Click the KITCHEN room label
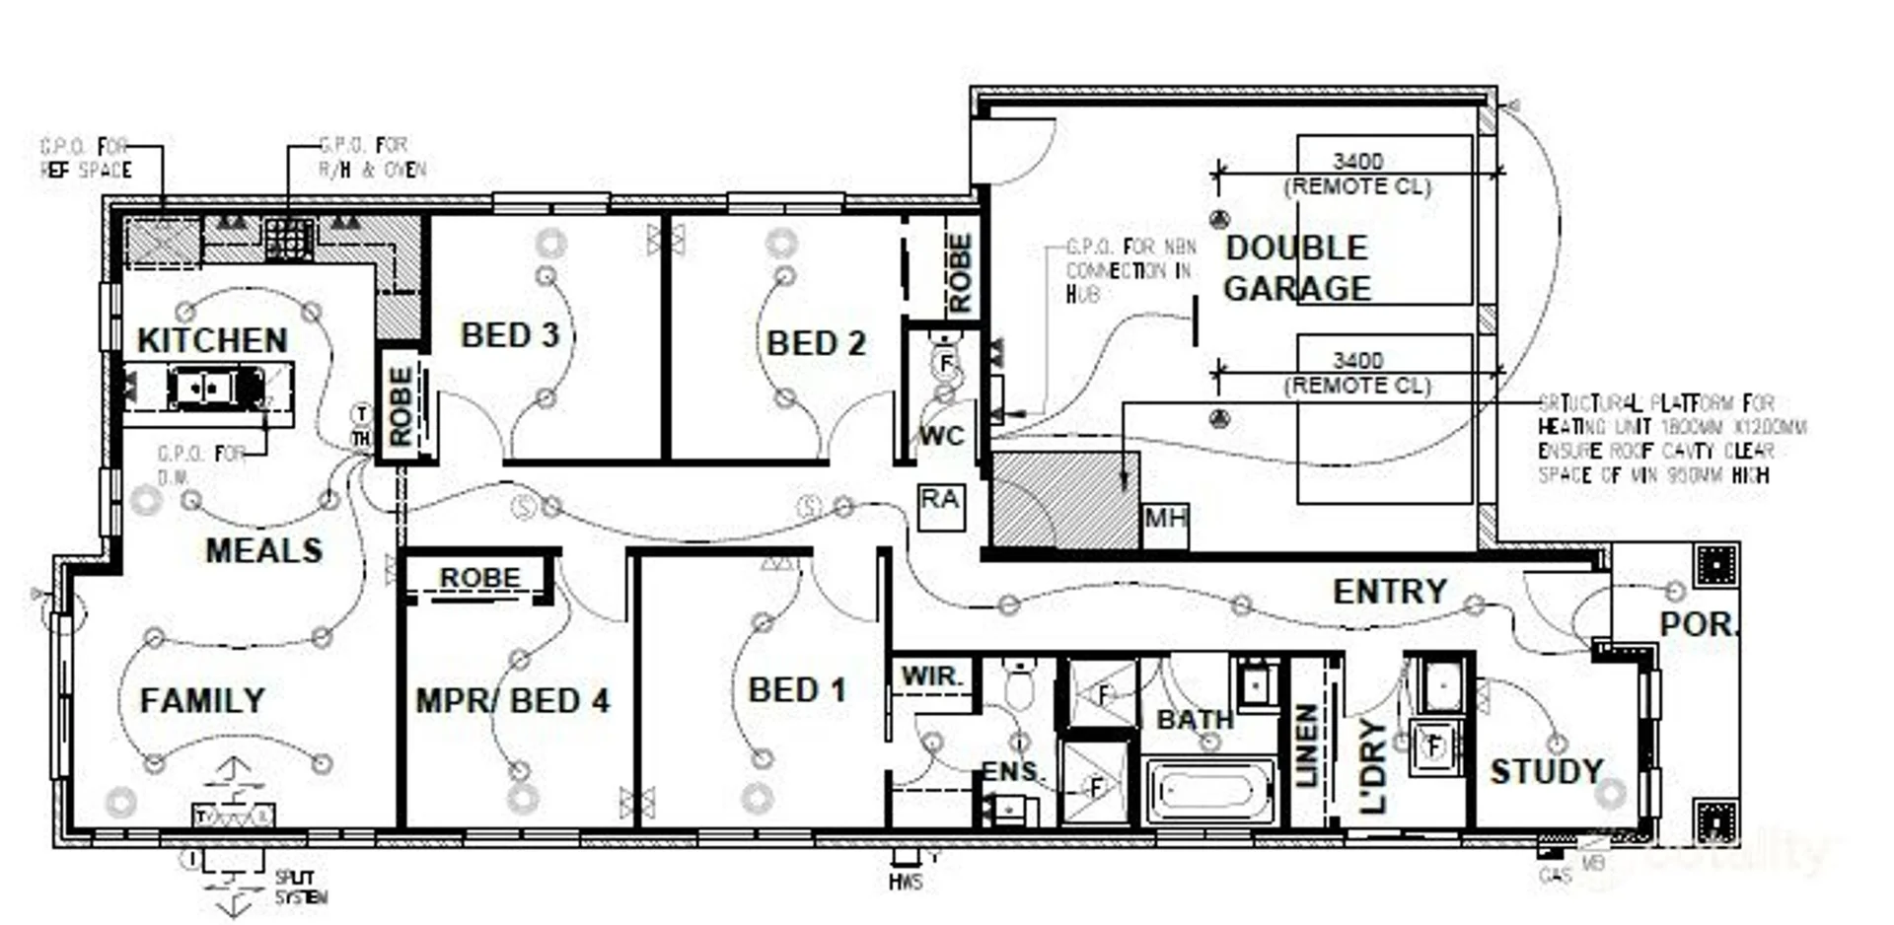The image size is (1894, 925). (x=212, y=340)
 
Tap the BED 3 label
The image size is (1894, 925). (x=510, y=335)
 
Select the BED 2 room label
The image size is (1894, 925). (x=816, y=343)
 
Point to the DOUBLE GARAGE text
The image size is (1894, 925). (x=1296, y=268)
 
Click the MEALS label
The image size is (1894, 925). (x=263, y=550)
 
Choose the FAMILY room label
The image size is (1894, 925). (x=202, y=700)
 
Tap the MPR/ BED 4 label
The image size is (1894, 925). (x=512, y=700)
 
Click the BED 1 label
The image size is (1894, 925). (x=797, y=689)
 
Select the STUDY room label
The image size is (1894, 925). (x=1546, y=771)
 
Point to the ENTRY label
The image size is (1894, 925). (x=1390, y=591)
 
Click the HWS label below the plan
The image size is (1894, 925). (x=905, y=881)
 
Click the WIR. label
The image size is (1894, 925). (x=931, y=676)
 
